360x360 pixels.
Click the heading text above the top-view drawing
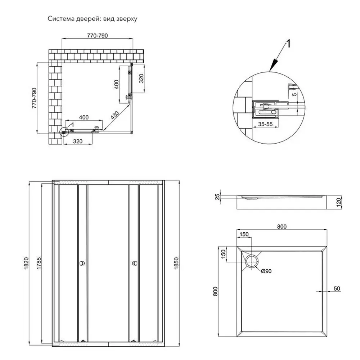click(92, 19)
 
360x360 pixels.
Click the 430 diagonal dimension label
click(115, 115)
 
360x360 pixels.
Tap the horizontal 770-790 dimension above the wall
click(97, 36)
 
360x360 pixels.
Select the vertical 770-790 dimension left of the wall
click(34, 98)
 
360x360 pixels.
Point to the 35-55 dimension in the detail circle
click(265, 124)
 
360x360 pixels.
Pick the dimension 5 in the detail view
click(294, 94)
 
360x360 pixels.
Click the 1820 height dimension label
click(26, 264)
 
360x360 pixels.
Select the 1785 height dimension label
click(39, 264)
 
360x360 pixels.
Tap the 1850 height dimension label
click(176, 264)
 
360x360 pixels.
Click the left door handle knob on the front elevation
click(82, 263)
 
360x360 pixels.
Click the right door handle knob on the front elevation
click(135, 263)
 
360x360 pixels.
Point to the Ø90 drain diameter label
click(266, 271)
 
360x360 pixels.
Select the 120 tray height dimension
click(339, 202)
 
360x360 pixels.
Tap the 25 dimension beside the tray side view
click(217, 197)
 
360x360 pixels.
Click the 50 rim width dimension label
click(337, 288)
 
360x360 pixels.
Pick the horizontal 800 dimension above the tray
click(282, 226)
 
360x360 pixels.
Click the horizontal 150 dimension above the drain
click(244, 234)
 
